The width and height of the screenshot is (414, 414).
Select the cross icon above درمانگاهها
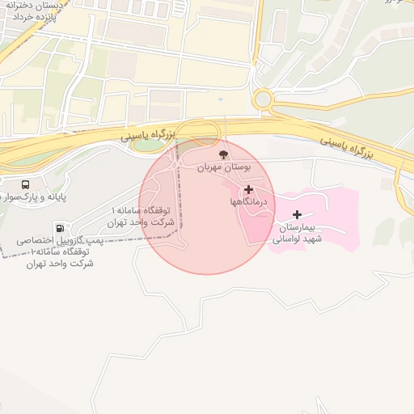click(248, 189)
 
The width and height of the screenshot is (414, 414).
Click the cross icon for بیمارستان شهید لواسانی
click(298, 214)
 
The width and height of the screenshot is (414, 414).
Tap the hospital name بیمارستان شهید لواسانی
click(297, 233)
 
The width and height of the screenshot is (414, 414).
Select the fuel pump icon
click(60, 227)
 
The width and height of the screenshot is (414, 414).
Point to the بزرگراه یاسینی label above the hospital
click(347, 146)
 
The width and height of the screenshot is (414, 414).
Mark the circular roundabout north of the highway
click(263, 99)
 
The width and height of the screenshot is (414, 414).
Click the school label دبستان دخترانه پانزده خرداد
click(58, 10)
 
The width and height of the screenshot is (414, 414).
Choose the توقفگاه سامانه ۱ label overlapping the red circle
click(142, 216)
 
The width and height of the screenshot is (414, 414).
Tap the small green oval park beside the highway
click(148, 146)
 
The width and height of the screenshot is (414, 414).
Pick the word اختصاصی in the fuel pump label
click(36, 240)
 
